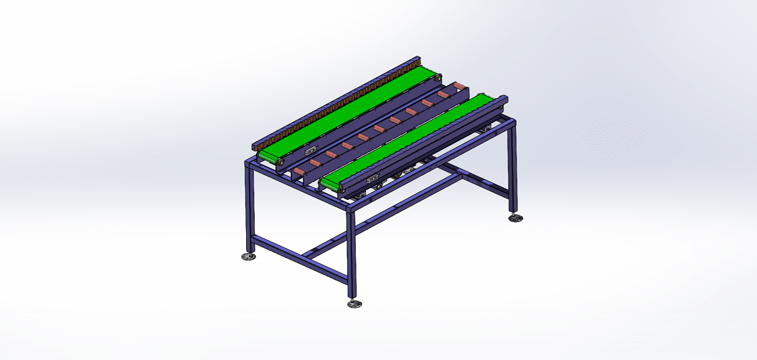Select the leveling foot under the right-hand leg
(517, 218)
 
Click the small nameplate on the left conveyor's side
(310, 151)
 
